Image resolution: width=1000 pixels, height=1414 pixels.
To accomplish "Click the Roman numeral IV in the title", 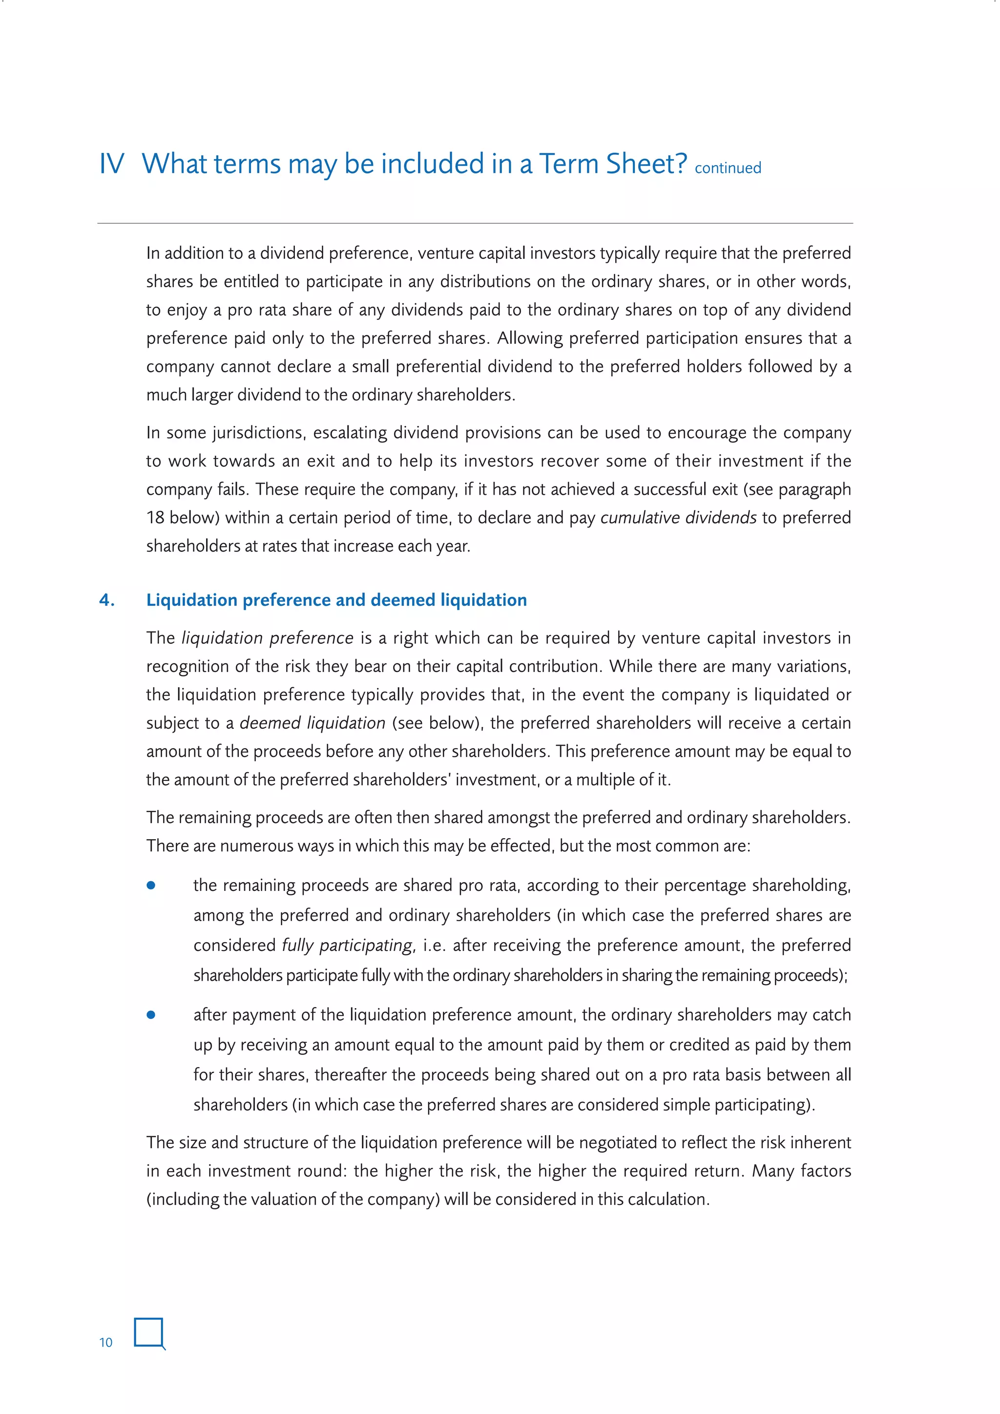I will click(x=111, y=165).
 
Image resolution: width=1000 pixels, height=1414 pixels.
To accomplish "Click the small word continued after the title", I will click(x=728, y=168).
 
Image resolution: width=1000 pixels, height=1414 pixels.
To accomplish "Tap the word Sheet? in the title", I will click(x=646, y=165).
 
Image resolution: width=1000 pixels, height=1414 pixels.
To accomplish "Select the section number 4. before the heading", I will click(x=107, y=600).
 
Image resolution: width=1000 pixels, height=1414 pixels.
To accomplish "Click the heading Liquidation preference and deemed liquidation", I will click(x=336, y=600).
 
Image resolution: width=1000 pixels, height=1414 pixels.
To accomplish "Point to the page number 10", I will click(x=106, y=1343).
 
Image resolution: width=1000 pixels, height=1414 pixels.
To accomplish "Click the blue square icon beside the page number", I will click(x=149, y=1333).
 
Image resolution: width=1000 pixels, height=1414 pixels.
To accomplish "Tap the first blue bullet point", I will click(x=151, y=886).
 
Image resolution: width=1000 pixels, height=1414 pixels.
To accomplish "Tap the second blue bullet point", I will click(x=151, y=1015).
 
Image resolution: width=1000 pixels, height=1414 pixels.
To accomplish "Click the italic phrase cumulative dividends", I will click(x=678, y=517).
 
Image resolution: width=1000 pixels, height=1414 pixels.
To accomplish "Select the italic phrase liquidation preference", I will click(x=267, y=638).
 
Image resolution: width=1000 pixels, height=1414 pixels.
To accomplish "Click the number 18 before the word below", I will click(x=155, y=517).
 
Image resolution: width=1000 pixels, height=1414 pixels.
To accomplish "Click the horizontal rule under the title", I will click(x=475, y=223).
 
